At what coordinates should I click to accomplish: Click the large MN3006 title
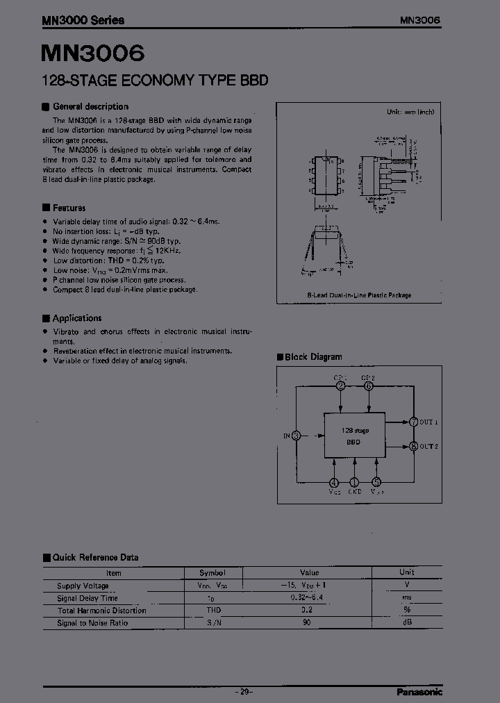pyautogui.click(x=93, y=53)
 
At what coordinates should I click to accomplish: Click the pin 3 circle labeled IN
pyautogui.click(x=297, y=436)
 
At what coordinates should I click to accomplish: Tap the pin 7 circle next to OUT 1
pyautogui.click(x=413, y=422)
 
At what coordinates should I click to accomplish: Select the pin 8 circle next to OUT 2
pyautogui.click(x=413, y=447)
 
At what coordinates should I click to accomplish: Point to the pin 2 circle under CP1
pyautogui.click(x=340, y=386)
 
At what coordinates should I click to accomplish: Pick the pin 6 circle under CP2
pyautogui.click(x=368, y=386)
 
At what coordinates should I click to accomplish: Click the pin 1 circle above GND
pyautogui.click(x=354, y=482)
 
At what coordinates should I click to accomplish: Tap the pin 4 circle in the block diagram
pyautogui.click(x=334, y=482)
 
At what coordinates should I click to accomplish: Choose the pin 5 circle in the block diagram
pyautogui.click(x=376, y=482)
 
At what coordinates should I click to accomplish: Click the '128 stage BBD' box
pyautogui.click(x=355, y=435)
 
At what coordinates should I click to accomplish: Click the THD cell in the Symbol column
pyautogui.click(x=213, y=611)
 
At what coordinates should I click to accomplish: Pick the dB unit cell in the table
pyautogui.click(x=407, y=623)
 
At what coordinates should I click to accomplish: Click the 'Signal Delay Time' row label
pyautogui.click(x=87, y=598)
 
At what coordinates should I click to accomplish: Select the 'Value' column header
pyautogui.click(x=309, y=572)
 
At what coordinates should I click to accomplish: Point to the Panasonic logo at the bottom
pyautogui.click(x=419, y=691)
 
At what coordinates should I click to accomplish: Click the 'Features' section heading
pyautogui.click(x=69, y=208)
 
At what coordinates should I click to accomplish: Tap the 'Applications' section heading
pyautogui.click(x=77, y=318)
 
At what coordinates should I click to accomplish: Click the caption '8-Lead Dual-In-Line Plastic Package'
pyautogui.click(x=359, y=295)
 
